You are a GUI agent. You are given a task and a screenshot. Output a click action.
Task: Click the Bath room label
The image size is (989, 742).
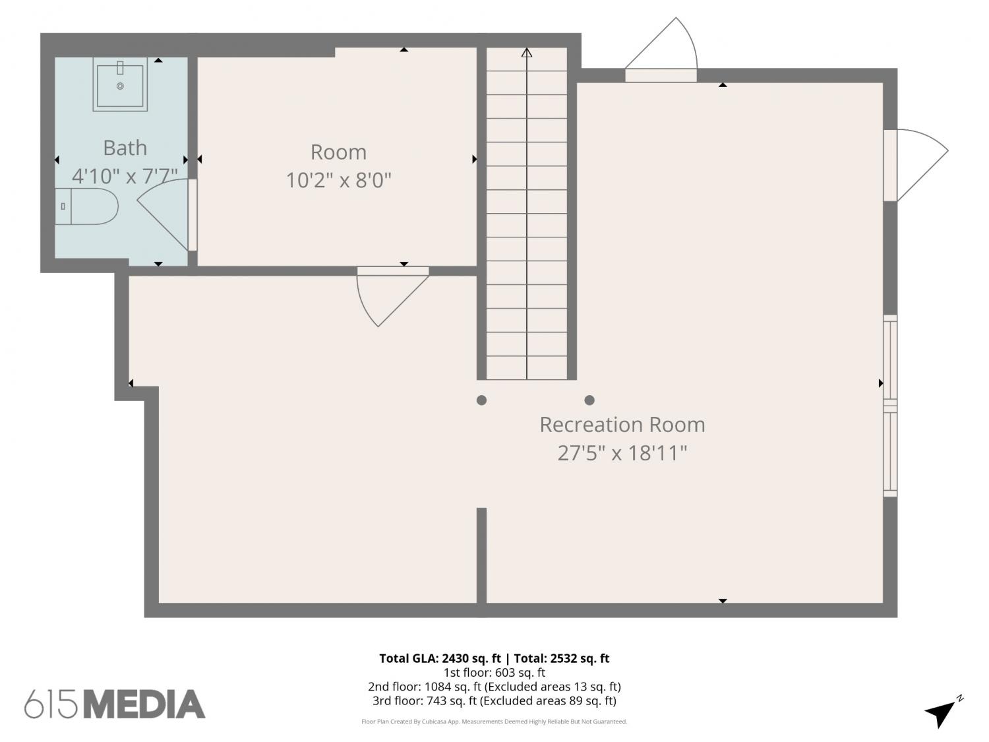125,148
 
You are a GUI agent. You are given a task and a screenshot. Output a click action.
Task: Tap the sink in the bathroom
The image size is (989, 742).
120,84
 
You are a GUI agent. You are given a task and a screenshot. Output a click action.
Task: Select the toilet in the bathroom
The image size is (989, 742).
86,206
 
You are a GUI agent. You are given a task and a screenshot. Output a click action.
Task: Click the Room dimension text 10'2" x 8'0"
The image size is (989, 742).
339,180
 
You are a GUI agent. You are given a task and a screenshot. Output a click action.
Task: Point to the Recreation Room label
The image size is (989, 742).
622,425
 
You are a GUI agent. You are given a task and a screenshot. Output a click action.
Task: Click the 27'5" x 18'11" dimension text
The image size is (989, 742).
622,453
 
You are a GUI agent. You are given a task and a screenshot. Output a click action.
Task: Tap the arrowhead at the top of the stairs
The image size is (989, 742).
527,53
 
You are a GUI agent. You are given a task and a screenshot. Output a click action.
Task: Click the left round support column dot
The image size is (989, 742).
482,400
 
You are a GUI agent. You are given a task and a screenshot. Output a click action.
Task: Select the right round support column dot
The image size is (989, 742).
589,400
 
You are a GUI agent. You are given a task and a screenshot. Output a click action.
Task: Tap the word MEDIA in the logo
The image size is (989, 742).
145,704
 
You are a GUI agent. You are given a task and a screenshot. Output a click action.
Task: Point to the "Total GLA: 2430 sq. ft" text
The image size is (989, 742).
440,659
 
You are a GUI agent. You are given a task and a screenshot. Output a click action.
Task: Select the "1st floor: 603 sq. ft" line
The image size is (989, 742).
494,673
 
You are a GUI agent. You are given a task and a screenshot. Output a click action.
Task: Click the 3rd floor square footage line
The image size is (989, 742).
494,701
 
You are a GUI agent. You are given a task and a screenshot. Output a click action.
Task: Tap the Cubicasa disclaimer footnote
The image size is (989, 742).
494,722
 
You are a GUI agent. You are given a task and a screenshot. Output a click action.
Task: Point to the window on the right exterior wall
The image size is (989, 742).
890,406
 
